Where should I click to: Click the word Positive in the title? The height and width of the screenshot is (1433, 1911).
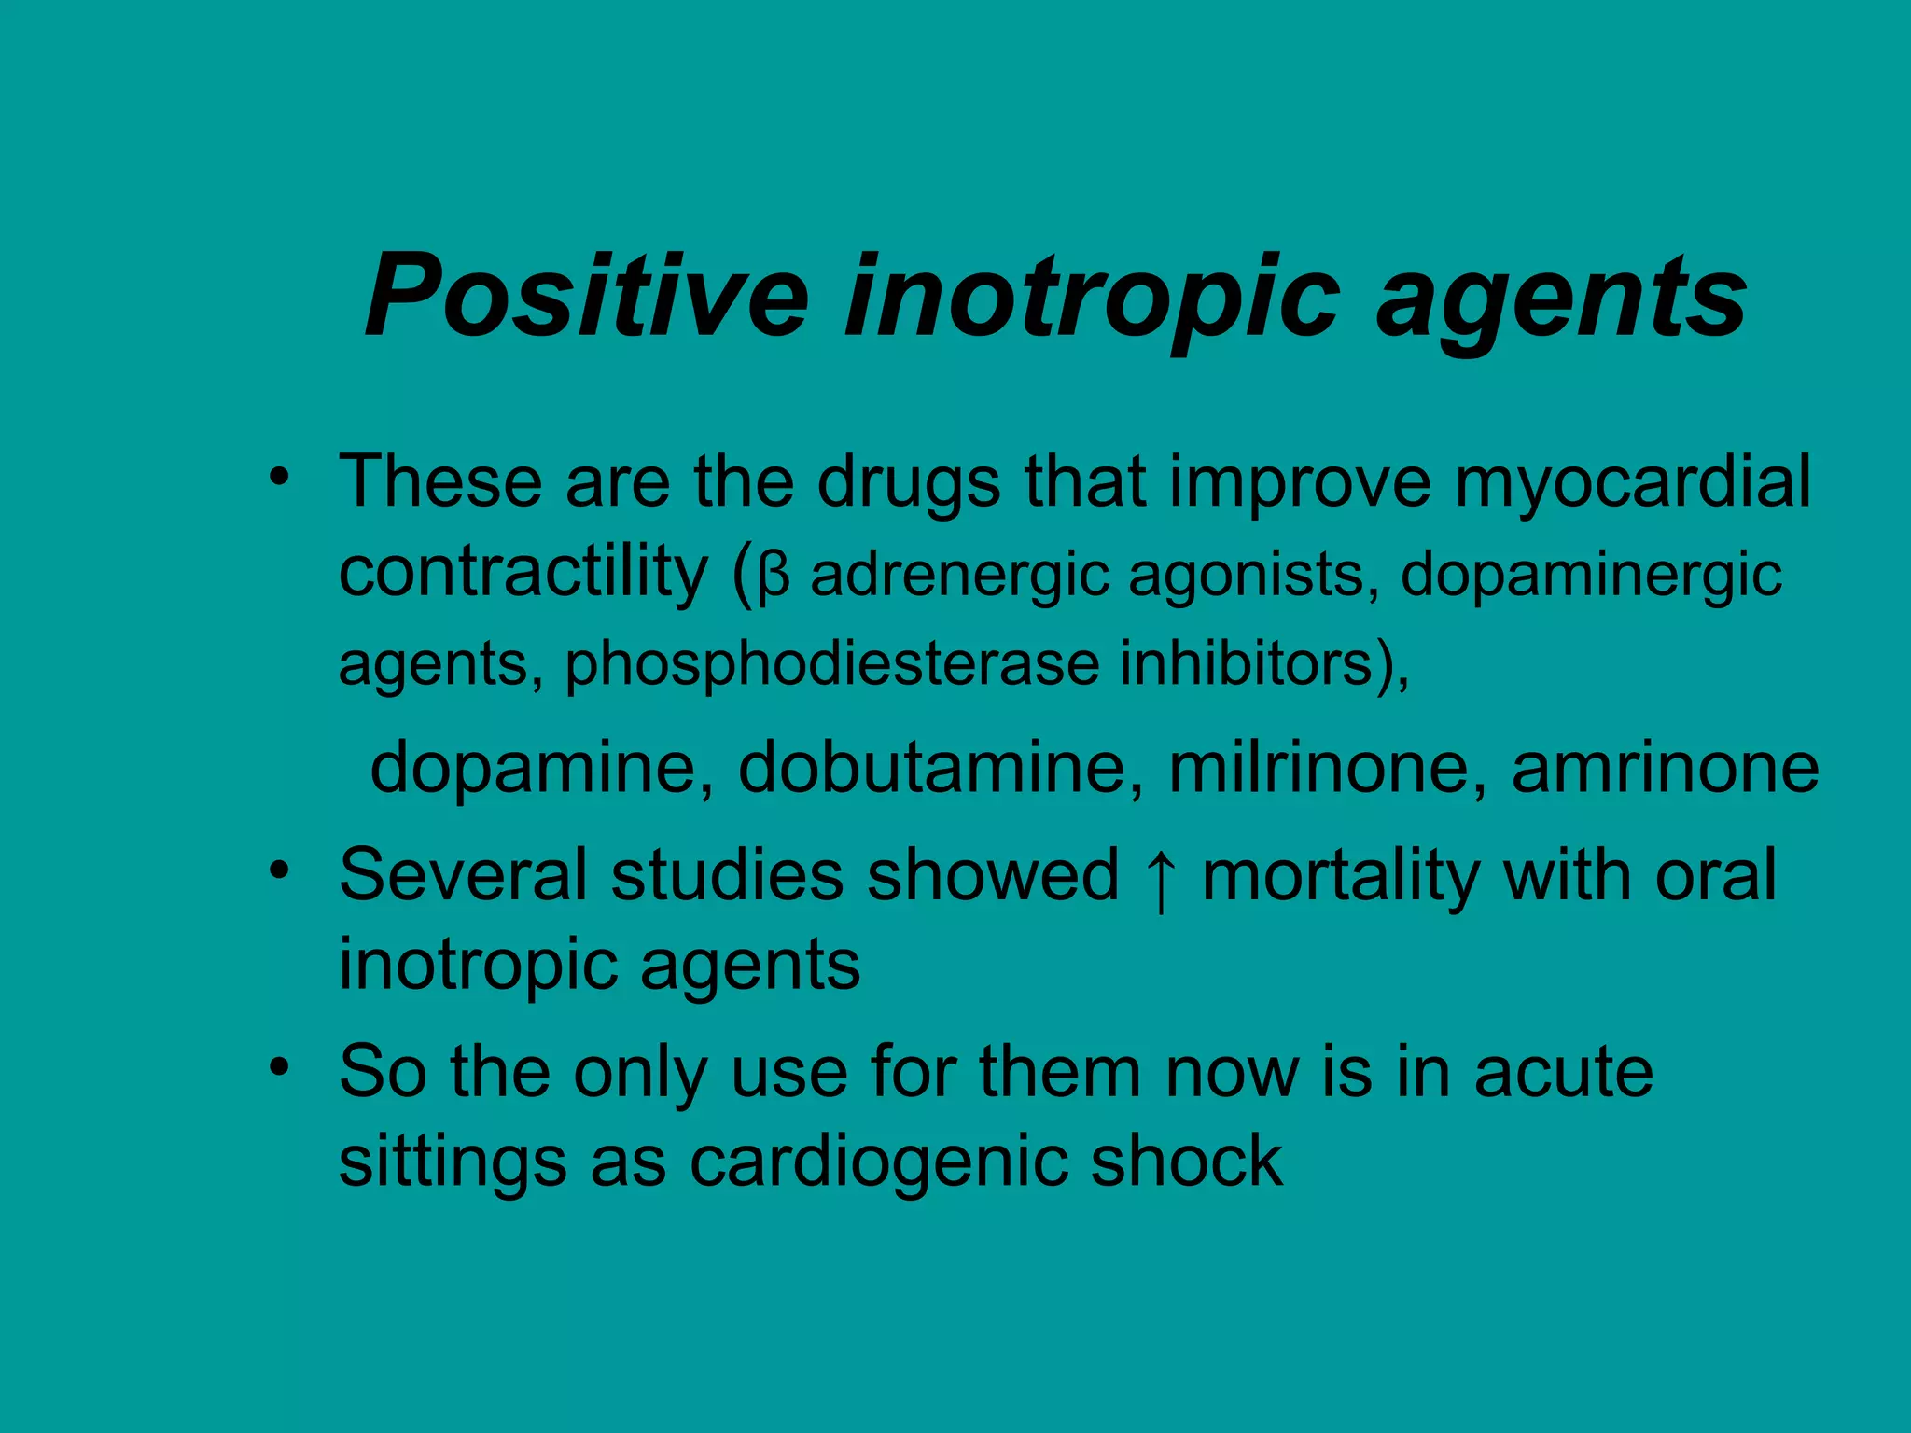[587, 296]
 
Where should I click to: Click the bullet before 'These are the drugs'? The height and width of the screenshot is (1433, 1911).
[277, 478]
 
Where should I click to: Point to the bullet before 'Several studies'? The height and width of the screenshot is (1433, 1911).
[277, 870]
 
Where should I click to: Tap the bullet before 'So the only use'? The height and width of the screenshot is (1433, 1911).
[277, 1066]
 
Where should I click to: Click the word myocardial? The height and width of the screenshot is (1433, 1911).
[1632, 483]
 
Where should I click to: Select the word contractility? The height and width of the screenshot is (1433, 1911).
[523, 571]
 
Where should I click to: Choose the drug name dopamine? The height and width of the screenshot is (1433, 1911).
[542, 768]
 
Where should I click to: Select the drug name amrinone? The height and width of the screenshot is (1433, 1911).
[1665, 768]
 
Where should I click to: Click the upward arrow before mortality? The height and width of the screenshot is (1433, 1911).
[1160, 879]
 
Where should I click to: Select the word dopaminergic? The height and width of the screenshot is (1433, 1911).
[1591, 577]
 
